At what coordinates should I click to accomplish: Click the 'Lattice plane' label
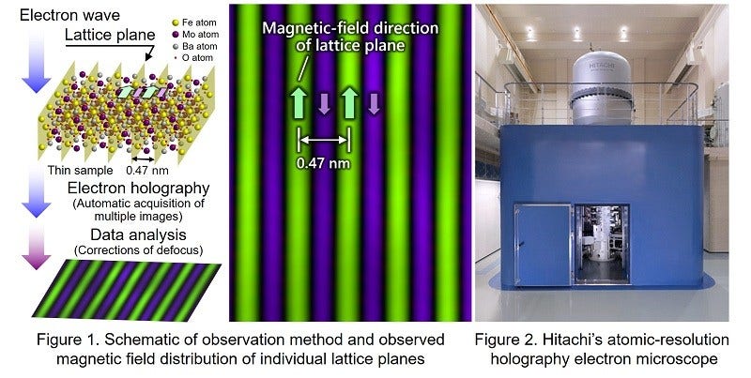(x=104, y=37)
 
